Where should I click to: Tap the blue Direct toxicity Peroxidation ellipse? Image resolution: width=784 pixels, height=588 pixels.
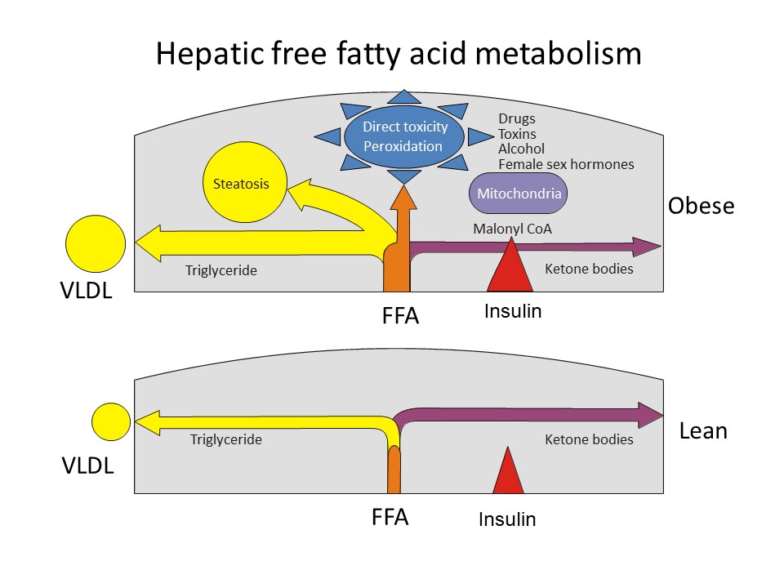point(405,136)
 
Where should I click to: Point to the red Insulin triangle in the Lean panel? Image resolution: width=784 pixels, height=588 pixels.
point(508,472)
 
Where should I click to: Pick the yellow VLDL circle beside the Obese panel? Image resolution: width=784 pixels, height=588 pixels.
point(96,243)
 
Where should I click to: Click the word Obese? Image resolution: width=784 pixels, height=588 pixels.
point(701,207)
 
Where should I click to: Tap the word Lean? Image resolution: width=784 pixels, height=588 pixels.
point(702,430)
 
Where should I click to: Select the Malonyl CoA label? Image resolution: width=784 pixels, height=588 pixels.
point(512,229)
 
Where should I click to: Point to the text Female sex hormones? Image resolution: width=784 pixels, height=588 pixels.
point(566,164)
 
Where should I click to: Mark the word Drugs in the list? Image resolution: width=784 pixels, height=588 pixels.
point(517,118)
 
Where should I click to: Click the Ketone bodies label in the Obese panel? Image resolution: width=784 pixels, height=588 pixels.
point(588,269)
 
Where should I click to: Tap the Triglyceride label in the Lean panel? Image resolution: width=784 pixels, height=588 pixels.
point(226,439)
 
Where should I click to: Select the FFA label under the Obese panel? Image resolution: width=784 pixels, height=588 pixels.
point(400,315)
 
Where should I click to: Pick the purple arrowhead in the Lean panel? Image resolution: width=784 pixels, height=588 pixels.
point(652,415)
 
